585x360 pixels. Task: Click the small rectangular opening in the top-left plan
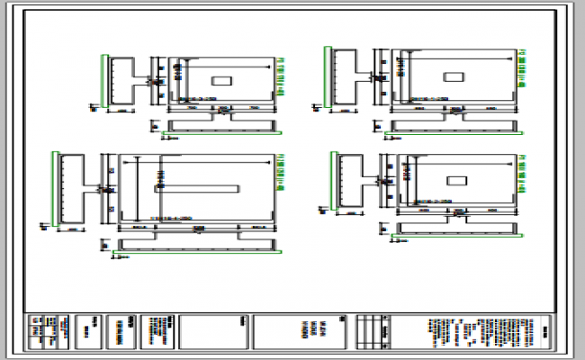pos(220,81)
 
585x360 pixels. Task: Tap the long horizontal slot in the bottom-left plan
pos(197,189)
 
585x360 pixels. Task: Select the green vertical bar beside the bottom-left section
pos(58,189)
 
